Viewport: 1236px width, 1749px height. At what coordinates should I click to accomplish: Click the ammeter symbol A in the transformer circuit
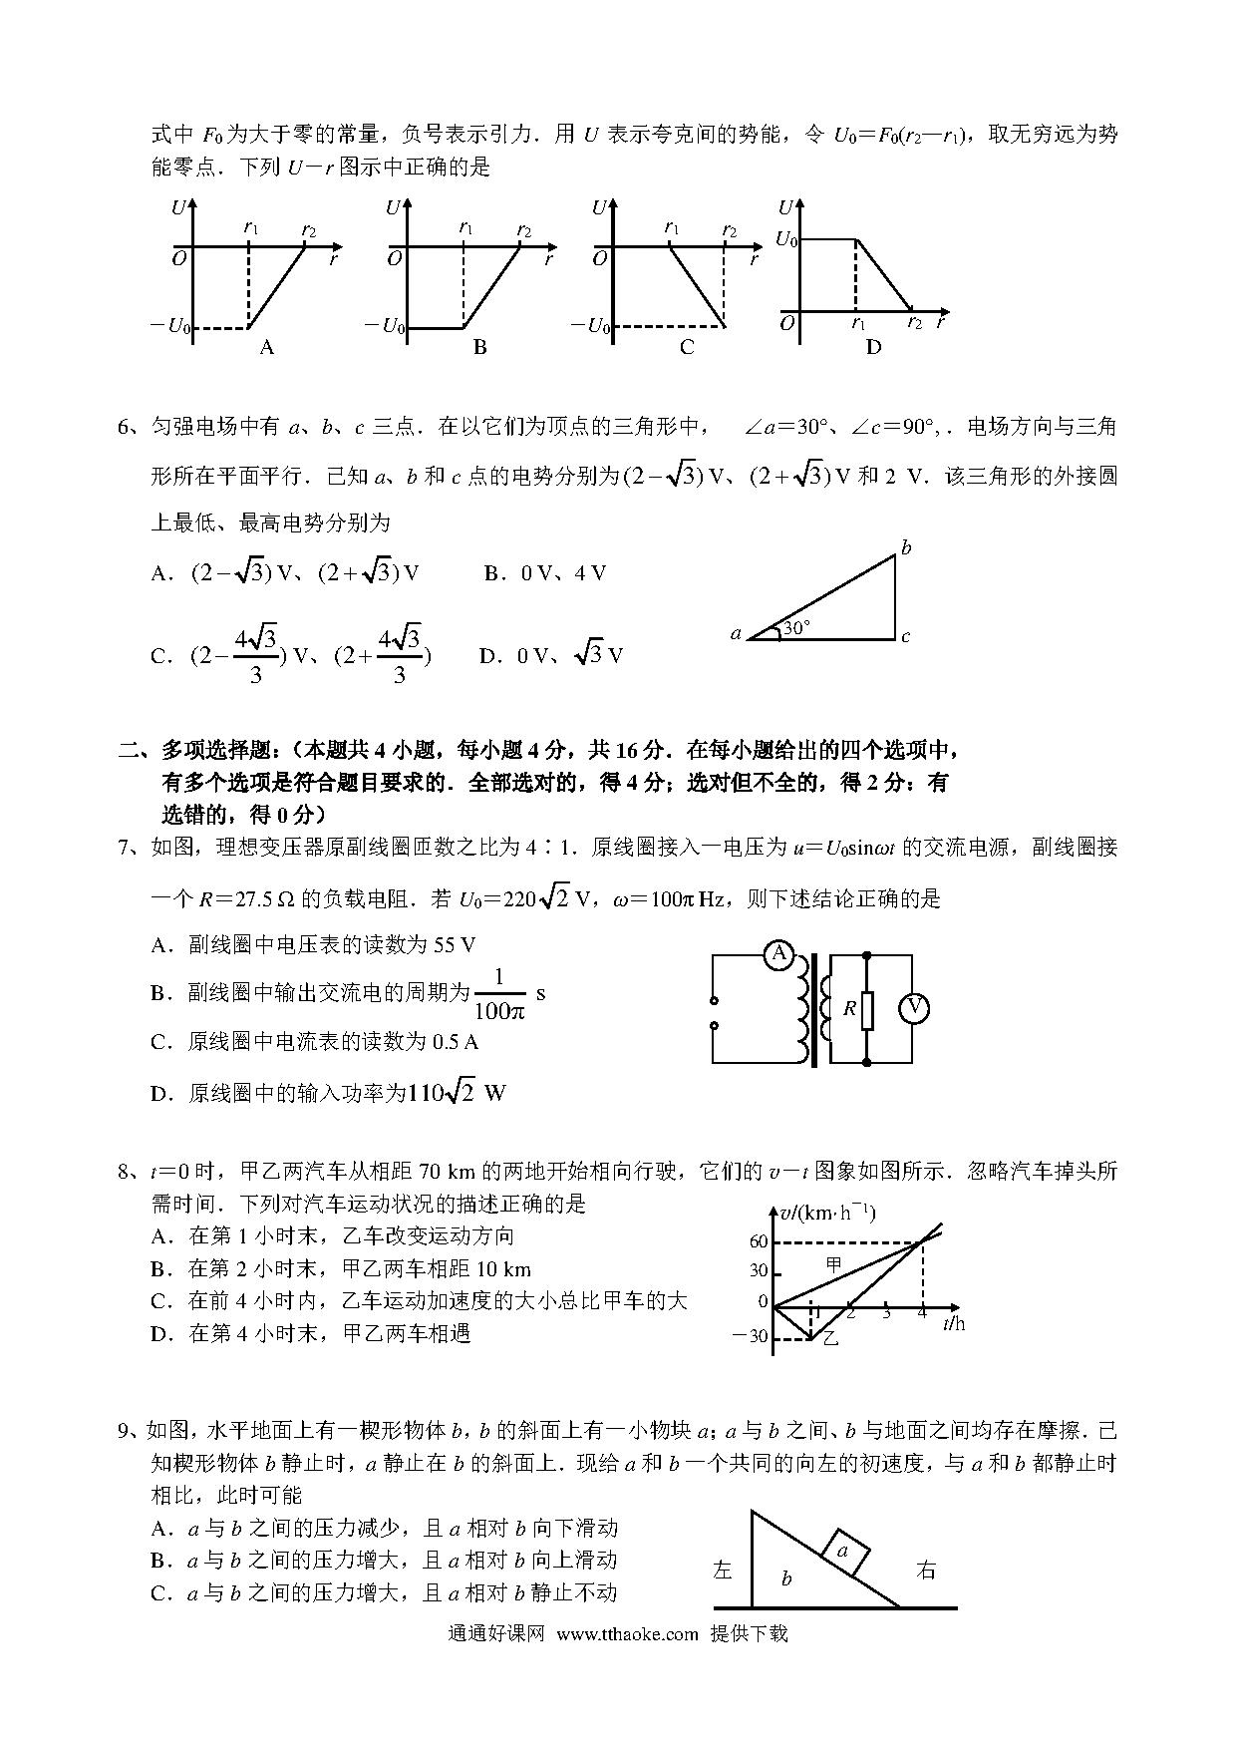coord(778,954)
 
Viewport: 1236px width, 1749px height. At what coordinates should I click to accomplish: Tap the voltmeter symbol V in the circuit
coord(913,1009)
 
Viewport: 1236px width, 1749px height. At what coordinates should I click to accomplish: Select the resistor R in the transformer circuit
coord(867,1009)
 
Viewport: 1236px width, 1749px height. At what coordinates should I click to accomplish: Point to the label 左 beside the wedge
coord(723,1571)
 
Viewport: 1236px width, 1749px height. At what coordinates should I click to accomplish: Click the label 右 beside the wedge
coord(926,1571)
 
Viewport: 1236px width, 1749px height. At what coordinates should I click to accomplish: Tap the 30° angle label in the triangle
coord(796,628)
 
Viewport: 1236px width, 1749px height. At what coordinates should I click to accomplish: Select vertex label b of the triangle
coord(906,547)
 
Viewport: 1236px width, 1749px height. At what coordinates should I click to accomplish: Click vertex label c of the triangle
coord(905,636)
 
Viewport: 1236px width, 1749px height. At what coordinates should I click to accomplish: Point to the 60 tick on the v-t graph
coord(758,1241)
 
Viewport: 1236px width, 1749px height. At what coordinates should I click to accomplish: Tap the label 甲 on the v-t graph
coord(835,1264)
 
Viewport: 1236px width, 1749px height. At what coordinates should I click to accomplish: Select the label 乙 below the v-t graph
coord(830,1339)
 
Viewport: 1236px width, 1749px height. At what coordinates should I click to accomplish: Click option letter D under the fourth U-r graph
coord(873,347)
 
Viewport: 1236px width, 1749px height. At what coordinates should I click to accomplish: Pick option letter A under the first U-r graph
coord(266,347)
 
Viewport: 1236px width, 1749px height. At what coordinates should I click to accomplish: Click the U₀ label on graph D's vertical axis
coord(786,240)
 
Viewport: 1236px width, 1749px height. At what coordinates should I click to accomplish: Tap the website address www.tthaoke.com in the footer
coord(627,1634)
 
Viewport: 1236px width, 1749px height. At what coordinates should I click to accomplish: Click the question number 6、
coord(132,428)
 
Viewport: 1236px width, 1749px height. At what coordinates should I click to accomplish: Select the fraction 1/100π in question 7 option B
coord(498,994)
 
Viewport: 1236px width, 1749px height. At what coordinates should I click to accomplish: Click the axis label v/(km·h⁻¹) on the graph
coord(826,1213)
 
